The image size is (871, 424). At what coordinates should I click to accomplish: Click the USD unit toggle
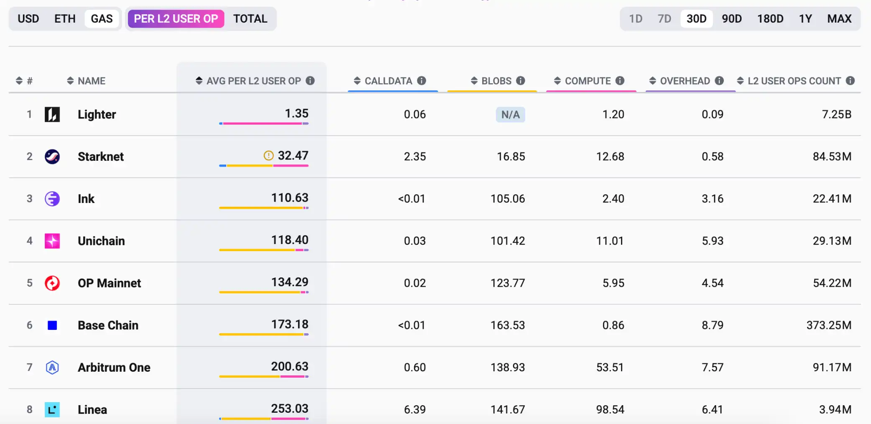(28, 19)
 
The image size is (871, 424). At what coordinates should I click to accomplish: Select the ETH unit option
(65, 19)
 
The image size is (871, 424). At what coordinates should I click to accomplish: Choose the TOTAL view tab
(250, 19)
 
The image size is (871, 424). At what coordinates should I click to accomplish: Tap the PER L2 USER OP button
(176, 19)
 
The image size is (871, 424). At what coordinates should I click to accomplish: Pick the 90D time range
(731, 19)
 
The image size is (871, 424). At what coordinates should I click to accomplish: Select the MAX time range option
(839, 19)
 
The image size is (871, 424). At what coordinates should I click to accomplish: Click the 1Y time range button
(805, 19)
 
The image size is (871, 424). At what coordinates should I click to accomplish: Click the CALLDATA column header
(388, 81)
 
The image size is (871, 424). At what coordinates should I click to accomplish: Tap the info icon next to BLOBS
(521, 81)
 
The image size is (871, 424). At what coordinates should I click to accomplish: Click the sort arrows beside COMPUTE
(557, 81)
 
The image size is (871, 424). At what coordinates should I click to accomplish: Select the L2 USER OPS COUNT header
(794, 81)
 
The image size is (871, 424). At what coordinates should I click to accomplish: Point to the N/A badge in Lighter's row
(510, 115)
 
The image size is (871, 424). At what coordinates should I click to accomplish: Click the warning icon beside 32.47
(268, 156)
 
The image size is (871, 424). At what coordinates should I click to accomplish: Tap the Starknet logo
(52, 157)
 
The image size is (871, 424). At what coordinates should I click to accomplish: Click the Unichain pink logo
(52, 241)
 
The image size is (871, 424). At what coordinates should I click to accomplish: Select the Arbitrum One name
(114, 367)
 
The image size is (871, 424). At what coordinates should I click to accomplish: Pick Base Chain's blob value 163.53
(507, 325)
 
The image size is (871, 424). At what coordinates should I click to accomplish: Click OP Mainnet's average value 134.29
(289, 282)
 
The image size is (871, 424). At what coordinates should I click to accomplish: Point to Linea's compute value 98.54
(610, 409)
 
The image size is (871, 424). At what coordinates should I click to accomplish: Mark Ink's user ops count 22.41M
(832, 199)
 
